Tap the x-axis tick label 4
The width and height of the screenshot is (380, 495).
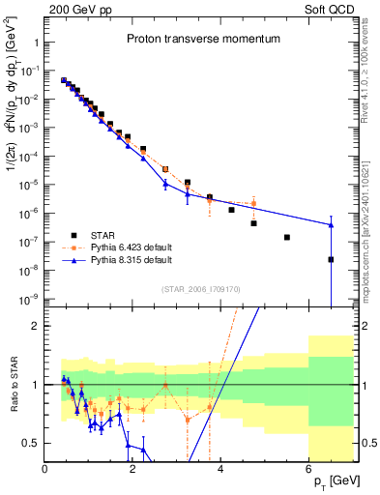(x=221, y=469)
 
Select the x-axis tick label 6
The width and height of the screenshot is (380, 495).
(x=308, y=469)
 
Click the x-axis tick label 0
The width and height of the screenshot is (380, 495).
(x=45, y=469)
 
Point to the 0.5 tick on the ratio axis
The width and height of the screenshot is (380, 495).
(x=31, y=443)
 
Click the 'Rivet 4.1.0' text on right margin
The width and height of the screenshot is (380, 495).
(x=370, y=77)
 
